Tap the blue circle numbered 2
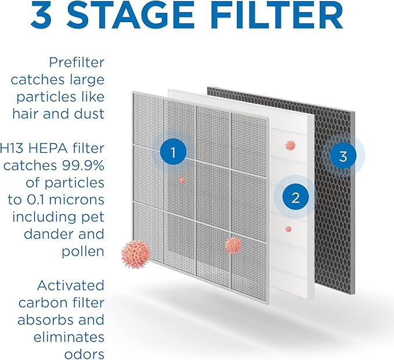295,198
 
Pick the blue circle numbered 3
343,156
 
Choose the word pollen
85,251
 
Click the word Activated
71,286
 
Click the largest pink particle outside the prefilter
136,254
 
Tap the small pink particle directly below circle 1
182,181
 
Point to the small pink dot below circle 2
288,229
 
